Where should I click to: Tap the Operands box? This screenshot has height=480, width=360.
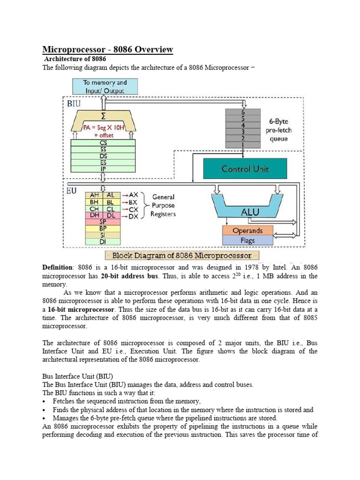point(247,231)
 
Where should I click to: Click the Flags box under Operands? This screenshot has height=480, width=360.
point(247,240)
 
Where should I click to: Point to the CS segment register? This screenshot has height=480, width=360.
point(103,143)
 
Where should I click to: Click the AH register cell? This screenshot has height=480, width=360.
point(94,195)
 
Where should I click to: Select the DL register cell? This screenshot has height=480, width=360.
point(112,217)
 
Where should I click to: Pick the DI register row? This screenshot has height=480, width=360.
point(103,241)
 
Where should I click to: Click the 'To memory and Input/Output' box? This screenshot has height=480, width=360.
point(105,86)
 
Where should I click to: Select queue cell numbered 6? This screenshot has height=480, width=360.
point(242,113)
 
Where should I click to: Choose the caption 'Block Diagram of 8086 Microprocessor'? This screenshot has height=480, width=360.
point(185,255)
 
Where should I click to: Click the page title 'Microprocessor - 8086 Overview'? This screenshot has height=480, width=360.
point(108,49)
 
